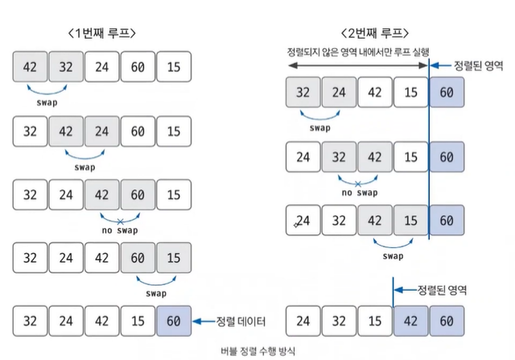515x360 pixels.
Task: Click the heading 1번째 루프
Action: tap(102, 33)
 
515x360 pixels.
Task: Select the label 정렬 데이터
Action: tap(240, 321)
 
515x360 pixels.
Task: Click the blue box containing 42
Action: tap(410, 321)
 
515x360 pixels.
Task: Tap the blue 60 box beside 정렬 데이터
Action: tap(174, 321)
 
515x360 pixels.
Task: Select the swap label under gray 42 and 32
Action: tap(49, 103)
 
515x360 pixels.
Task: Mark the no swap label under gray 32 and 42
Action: tap(358, 192)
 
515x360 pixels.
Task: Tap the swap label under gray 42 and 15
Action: tap(393, 256)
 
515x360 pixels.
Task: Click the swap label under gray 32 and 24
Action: tap(320, 127)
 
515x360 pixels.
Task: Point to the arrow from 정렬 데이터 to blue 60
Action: tap(203, 321)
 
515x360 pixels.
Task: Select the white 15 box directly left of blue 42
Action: tap(375, 321)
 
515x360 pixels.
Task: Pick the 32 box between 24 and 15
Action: tap(339, 321)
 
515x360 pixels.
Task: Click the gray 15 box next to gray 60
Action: tap(174, 259)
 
